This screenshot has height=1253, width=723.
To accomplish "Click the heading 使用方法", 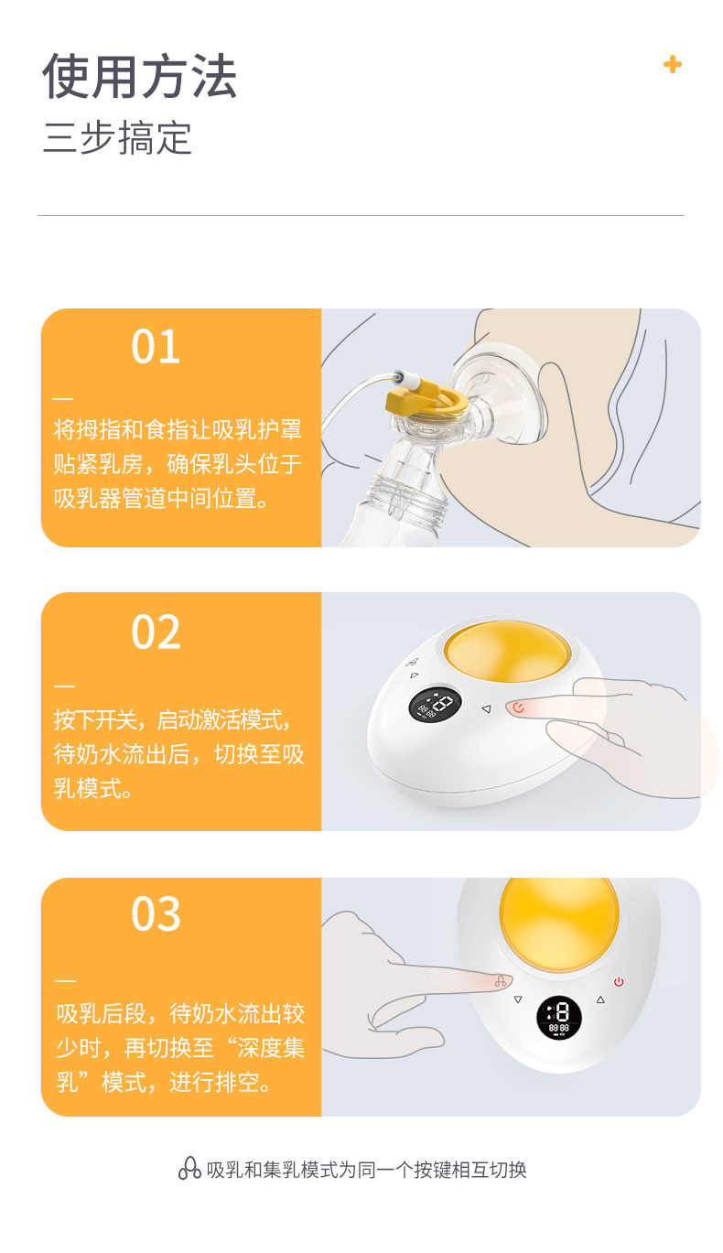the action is click(140, 76).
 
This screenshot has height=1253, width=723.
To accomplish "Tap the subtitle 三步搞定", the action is click(118, 137).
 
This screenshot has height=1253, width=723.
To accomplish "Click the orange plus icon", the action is click(672, 64).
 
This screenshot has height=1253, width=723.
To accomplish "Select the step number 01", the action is click(156, 347).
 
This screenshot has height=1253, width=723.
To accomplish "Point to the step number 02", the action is click(156, 632).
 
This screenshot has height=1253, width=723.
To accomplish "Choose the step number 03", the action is click(156, 914).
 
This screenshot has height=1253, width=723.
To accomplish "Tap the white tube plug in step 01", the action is click(406, 379).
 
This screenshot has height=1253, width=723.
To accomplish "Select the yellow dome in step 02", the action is click(507, 653).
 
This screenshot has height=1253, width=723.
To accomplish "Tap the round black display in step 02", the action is click(435, 704).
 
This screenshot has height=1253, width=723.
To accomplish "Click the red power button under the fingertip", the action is click(518, 708).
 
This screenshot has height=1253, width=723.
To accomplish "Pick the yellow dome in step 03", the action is click(558, 923).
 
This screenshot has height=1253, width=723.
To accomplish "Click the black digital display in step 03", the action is click(558, 1017).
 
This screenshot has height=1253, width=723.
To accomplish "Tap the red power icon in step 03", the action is click(619, 982).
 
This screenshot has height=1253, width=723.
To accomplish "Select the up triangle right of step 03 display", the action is click(600, 999).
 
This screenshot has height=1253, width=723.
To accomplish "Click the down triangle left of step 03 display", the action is click(518, 999).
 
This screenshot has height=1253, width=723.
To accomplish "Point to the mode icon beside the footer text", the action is click(189, 1169).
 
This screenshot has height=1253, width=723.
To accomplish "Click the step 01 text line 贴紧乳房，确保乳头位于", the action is click(178, 464).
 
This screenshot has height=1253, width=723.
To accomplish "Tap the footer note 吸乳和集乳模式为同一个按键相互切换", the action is click(367, 1170).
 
